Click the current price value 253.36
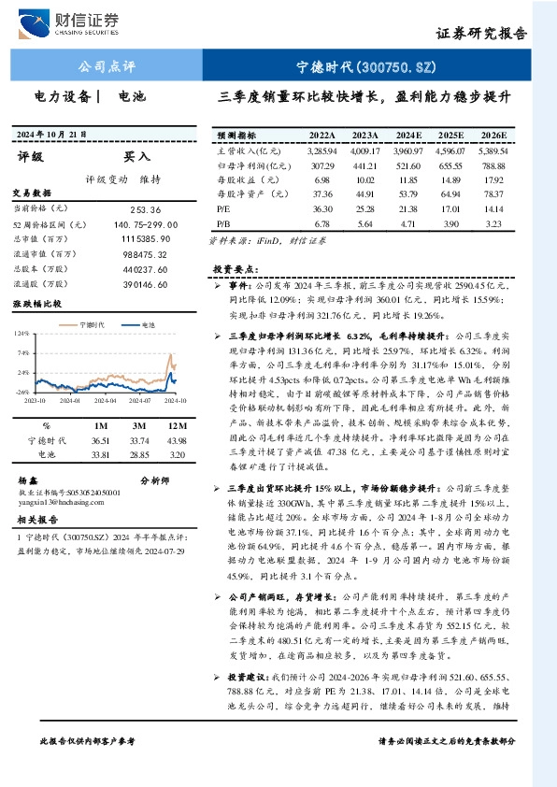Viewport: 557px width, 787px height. (x=147, y=210)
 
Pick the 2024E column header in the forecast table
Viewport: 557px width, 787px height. (x=407, y=136)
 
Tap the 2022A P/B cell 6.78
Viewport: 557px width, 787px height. (x=322, y=224)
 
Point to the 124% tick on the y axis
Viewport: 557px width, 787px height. (x=20, y=333)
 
